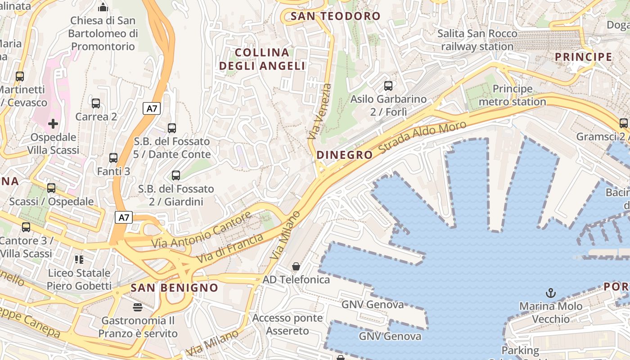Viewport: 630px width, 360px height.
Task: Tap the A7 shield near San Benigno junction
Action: point(124,218)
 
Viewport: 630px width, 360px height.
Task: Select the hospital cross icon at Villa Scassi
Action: point(53,123)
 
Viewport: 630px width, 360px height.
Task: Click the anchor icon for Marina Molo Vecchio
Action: point(550,293)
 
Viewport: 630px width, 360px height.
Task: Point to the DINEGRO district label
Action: point(345,155)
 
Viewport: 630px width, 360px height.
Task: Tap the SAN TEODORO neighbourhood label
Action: point(336,17)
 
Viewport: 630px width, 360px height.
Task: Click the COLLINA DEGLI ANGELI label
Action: point(262,59)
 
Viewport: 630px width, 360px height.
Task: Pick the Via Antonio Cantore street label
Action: point(202,230)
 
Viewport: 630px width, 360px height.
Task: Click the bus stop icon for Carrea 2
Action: point(96,103)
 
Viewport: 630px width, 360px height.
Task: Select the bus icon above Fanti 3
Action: point(113,158)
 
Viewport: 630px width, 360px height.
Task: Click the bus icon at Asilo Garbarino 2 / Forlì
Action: point(388,85)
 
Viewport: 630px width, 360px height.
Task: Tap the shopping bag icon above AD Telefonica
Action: point(296,266)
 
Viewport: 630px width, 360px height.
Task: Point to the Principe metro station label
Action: point(512,95)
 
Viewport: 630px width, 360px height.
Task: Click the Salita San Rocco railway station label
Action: point(477,40)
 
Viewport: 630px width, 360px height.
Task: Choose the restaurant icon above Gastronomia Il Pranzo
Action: point(137,307)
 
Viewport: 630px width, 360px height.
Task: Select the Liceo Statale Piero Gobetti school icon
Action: point(79,259)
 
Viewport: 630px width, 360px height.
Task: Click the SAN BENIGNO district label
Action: point(174,288)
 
